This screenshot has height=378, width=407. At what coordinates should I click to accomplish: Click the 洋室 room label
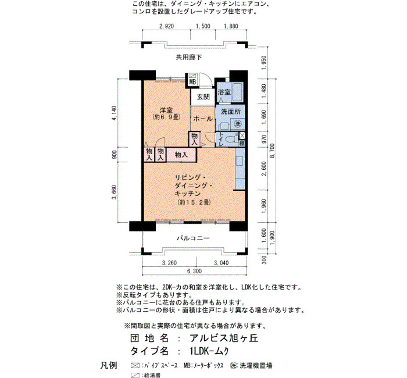pos(166,110)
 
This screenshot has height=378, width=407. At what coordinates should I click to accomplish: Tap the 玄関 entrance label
pos(203,97)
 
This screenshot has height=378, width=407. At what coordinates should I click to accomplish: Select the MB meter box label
pos(192,82)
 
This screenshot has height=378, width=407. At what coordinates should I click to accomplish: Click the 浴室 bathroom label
pos(224,92)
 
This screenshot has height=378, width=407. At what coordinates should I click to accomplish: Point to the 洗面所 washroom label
pos(231,112)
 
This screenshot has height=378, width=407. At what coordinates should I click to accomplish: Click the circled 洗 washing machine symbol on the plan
pos(238,124)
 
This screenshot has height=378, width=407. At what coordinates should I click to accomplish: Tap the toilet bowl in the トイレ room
pos(230,139)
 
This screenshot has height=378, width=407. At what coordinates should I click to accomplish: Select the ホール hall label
pos(203,119)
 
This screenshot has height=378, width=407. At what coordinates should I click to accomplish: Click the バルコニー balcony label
pos(193,238)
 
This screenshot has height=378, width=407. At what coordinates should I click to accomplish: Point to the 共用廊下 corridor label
pos(189,57)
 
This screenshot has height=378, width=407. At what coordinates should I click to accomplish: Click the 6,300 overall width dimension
pos(194,271)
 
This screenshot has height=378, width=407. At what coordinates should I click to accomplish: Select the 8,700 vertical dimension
pos(272,151)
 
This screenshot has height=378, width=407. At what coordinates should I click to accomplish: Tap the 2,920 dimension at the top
pos(166,26)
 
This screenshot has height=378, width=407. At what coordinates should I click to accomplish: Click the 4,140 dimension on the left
pos(114,113)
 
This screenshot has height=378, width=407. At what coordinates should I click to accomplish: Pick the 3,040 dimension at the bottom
pos(221,263)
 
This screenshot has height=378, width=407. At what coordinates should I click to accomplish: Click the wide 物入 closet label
pos(181,155)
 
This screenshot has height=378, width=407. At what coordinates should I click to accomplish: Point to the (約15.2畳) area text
pos(194,202)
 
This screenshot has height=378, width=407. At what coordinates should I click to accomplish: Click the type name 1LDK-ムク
pos(209,351)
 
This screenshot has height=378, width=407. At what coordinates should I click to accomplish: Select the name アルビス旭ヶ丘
pos(224,338)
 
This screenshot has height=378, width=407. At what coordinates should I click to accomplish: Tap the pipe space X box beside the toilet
pos(242,135)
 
